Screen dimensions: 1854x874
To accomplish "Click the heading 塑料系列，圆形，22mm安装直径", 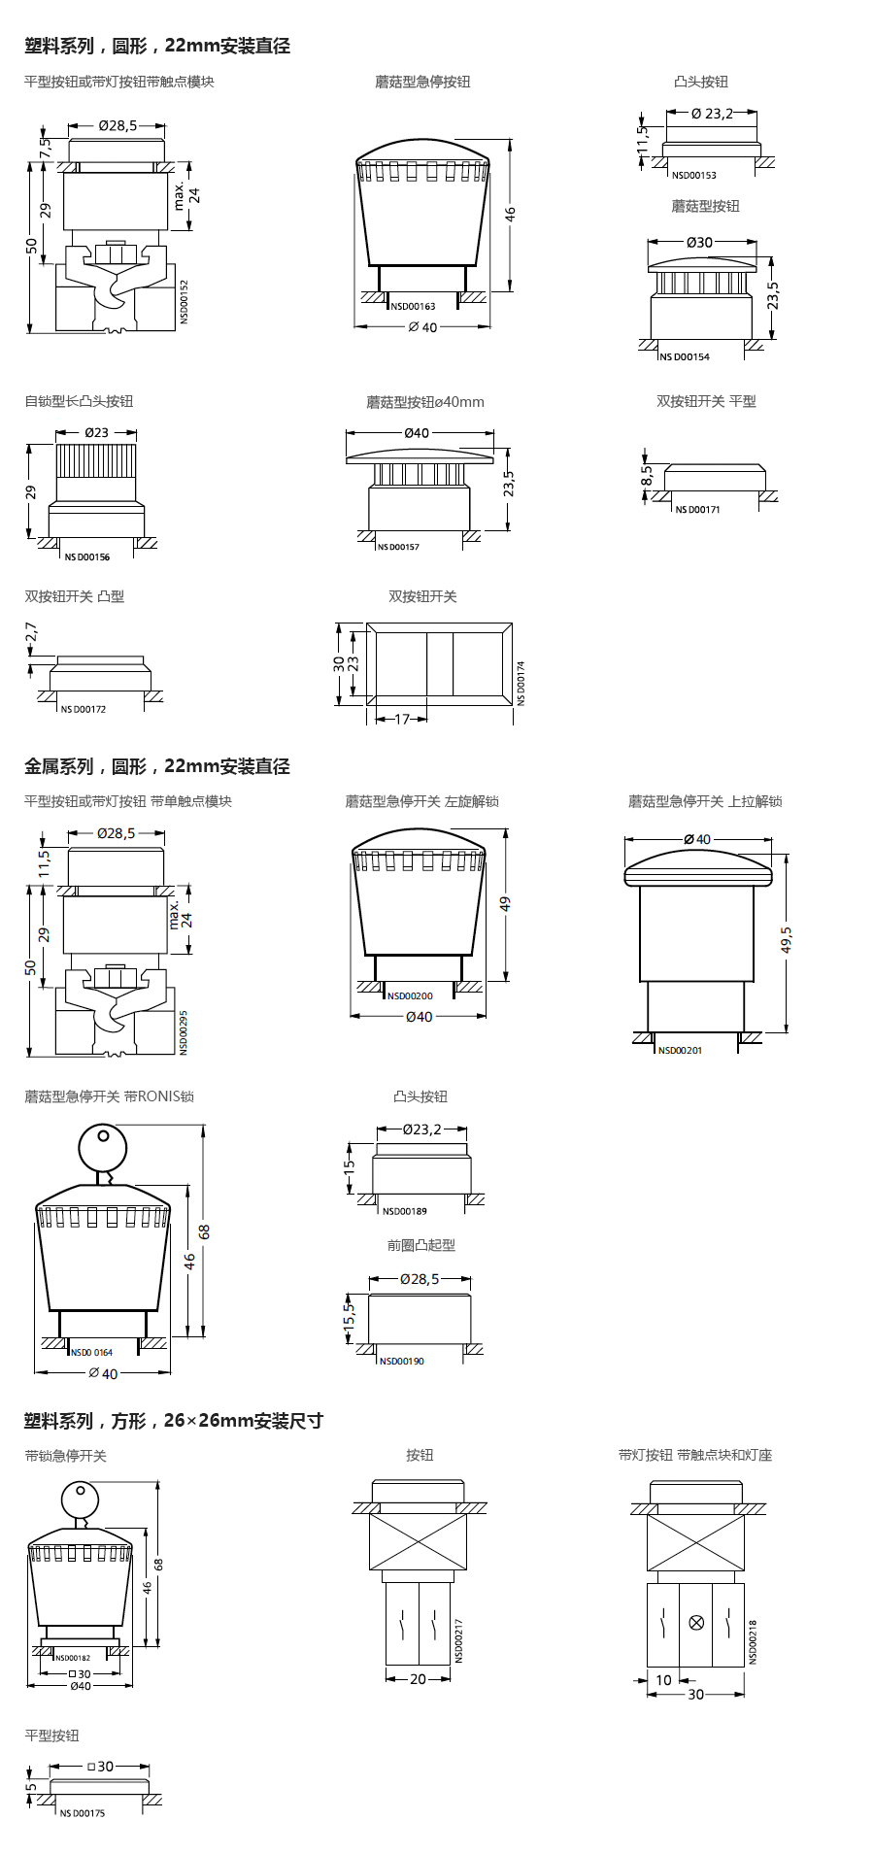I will tap(157, 46).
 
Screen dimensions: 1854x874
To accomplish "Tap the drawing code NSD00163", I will tap(413, 306).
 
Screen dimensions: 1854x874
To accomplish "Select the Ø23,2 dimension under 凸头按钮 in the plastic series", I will tap(712, 114).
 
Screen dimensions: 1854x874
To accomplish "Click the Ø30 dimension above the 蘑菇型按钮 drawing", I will tap(699, 242).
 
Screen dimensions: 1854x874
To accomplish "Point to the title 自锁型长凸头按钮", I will tap(79, 401).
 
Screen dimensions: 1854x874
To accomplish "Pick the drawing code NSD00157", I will tap(398, 547).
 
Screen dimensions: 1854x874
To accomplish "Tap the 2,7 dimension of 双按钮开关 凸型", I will tap(31, 632).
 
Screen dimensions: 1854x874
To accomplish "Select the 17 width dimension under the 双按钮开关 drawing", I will tap(402, 720).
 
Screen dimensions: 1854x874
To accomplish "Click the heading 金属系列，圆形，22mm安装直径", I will tap(157, 766).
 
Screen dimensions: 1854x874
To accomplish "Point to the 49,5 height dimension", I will tap(787, 939).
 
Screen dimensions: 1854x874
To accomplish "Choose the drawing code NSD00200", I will tap(410, 995).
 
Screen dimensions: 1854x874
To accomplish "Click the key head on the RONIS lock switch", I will tap(102, 1149).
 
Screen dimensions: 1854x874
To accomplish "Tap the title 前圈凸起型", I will tap(420, 1245).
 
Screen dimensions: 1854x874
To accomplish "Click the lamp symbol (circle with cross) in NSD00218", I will tap(695, 1623).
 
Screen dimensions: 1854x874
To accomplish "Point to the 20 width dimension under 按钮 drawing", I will tap(418, 1678).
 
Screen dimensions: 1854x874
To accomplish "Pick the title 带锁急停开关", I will tap(65, 1456).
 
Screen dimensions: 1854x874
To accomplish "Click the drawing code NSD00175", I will tap(83, 1813).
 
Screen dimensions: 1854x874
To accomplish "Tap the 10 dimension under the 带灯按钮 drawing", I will tap(663, 1679).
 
